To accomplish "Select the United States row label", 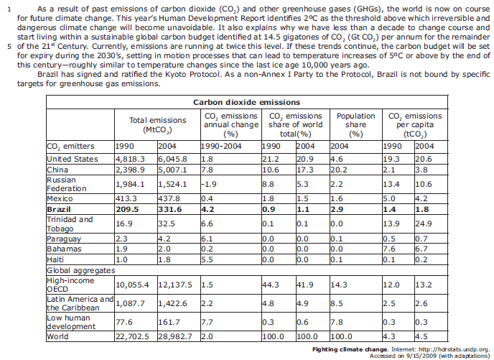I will click(x=72, y=159).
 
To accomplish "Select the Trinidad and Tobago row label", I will click(x=70, y=223).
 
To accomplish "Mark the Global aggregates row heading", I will click(x=80, y=270).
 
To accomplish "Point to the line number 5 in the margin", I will click(x=8, y=45).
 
